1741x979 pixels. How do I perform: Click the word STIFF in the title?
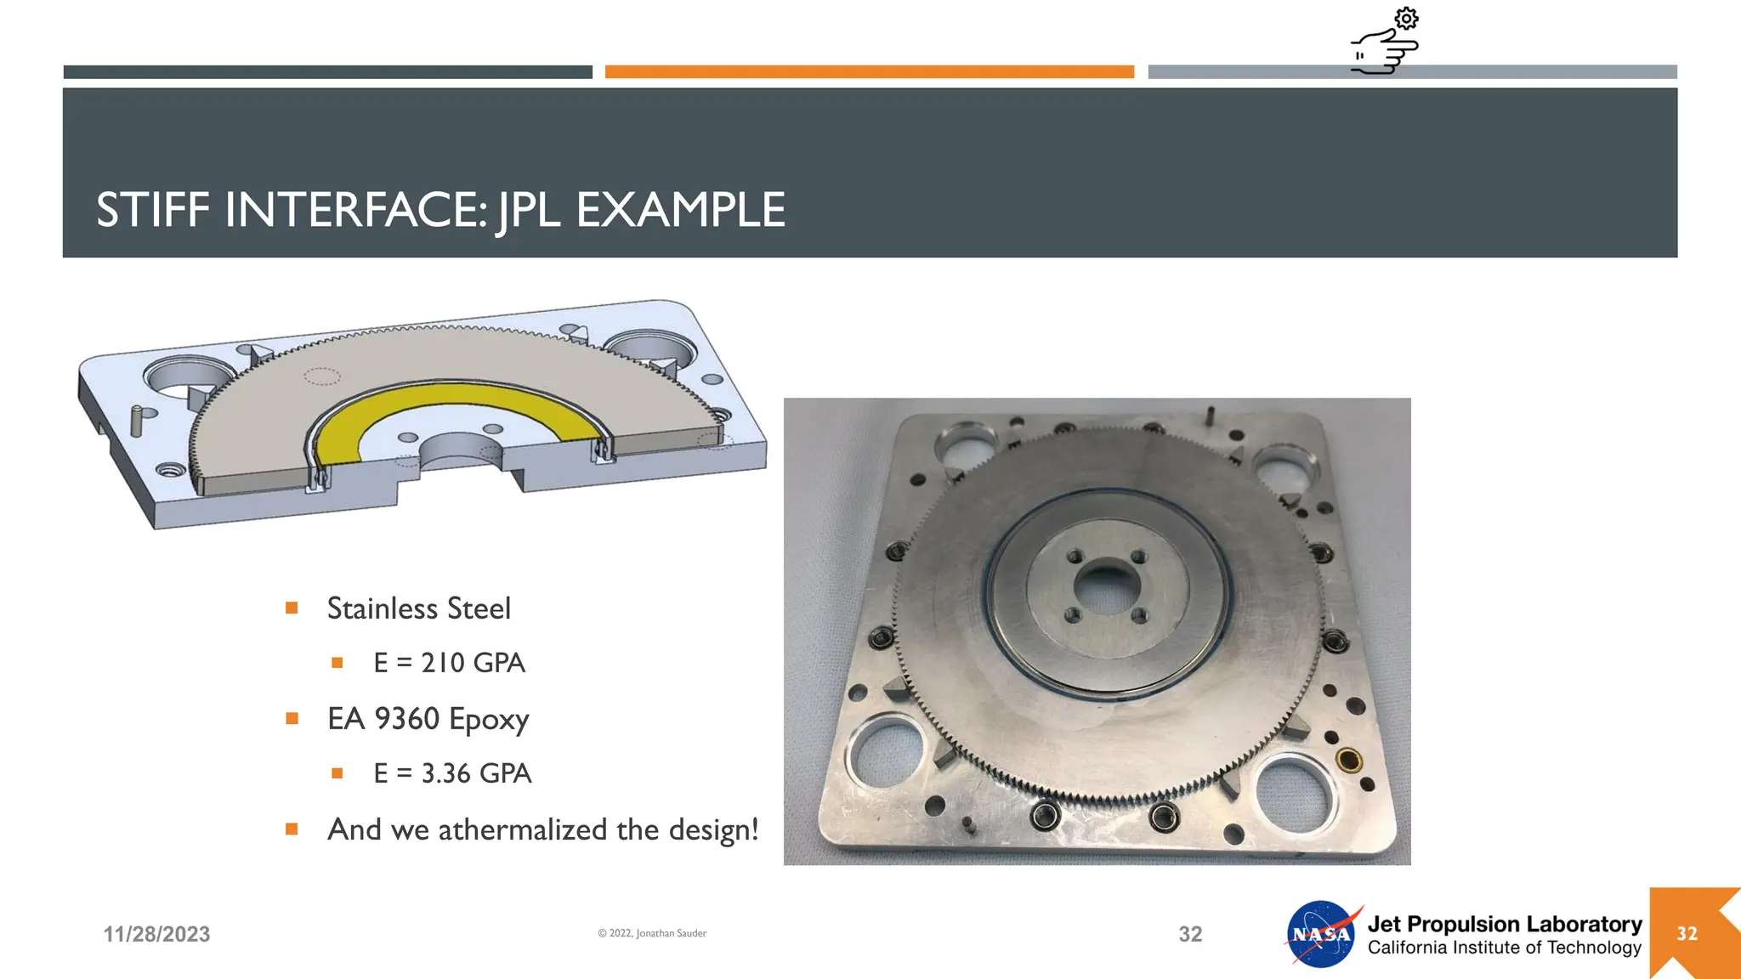click(x=153, y=210)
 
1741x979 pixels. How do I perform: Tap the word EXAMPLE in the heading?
click(x=680, y=210)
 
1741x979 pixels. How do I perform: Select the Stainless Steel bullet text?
click(x=418, y=608)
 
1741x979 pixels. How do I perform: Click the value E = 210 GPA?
click(x=449, y=663)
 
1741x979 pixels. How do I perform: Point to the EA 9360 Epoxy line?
click(x=428, y=719)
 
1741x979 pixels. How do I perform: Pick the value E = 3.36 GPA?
click(x=452, y=773)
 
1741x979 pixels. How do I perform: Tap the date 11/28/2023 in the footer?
click(x=156, y=934)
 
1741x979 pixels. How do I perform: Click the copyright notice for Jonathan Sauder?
click(x=652, y=933)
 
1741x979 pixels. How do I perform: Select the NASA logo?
click(x=1321, y=934)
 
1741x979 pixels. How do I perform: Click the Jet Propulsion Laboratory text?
click(x=1504, y=924)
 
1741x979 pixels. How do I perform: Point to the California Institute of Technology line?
click(x=1504, y=948)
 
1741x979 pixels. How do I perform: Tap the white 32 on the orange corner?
click(x=1687, y=934)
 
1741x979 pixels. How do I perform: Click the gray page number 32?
click(x=1190, y=934)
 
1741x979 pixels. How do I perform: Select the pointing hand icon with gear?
click(x=1386, y=42)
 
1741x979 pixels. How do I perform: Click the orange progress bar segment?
click(x=869, y=72)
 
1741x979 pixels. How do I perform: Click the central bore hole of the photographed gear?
click(x=1105, y=586)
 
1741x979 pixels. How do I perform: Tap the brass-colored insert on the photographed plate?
click(x=1348, y=759)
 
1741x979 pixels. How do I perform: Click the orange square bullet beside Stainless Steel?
click(x=292, y=608)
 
